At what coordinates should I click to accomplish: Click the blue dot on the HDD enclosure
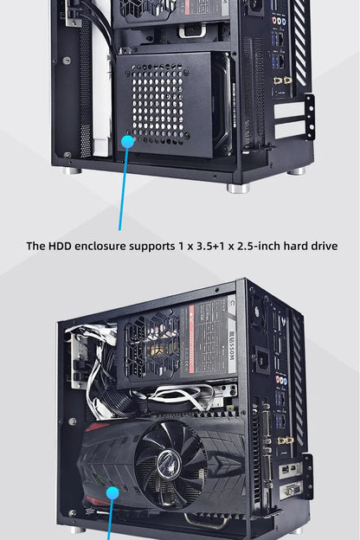tap(128, 138)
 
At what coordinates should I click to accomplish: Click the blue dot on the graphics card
tap(112, 493)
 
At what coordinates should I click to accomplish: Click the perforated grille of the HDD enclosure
tap(160, 104)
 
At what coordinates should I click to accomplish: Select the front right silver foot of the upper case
tap(237, 186)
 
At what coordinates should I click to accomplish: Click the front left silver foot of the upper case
tap(73, 170)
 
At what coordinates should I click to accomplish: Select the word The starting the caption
tap(35, 247)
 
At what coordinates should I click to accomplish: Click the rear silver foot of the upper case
tap(297, 170)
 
